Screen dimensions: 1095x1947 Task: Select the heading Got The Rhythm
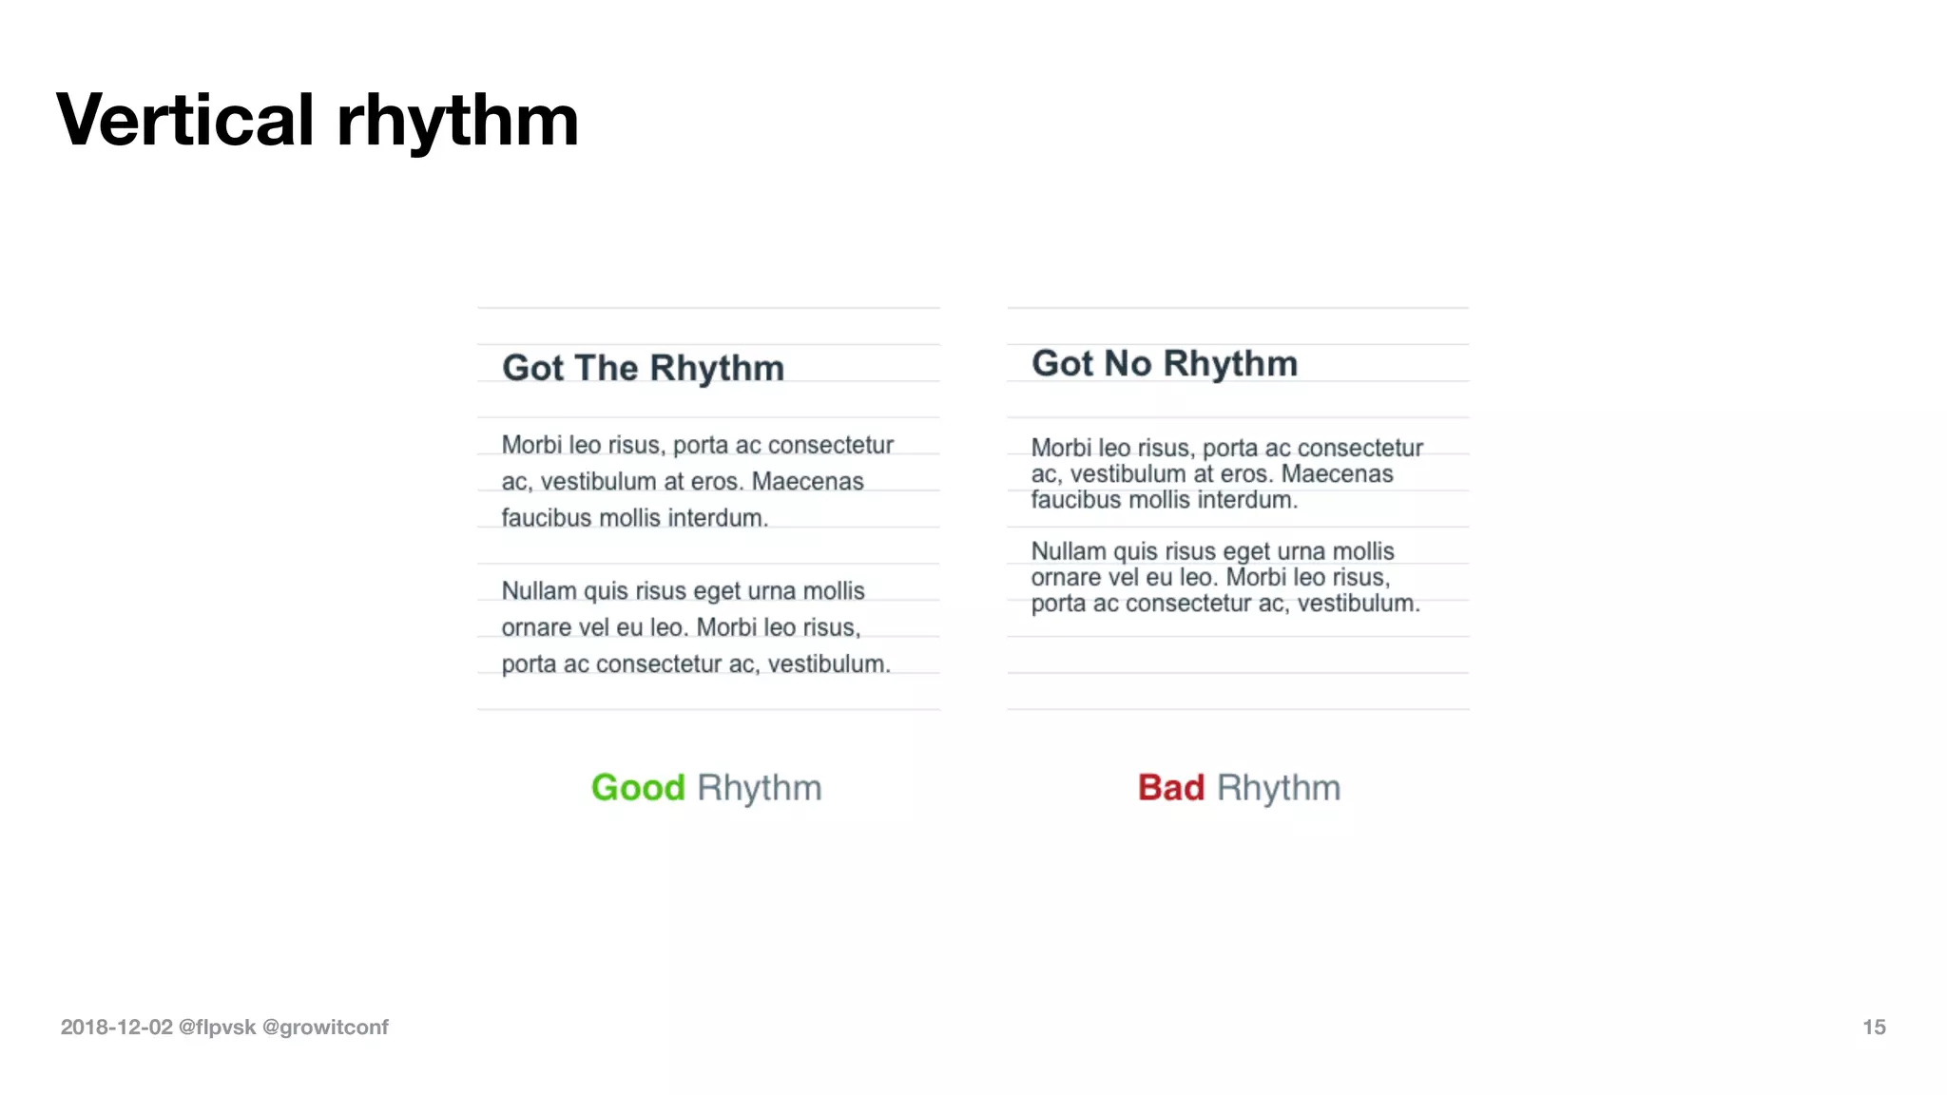point(643,368)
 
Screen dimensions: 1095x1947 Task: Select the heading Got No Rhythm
point(1165,363)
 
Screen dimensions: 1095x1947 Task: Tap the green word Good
point(638,788)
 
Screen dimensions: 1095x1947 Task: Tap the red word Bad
point(1171,788)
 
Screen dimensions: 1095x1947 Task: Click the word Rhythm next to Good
point(759,788)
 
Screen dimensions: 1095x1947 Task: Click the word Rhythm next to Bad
point(1279,788)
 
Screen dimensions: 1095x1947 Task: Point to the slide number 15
point(1874,1027)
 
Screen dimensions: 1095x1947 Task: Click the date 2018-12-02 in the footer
point(116,1027)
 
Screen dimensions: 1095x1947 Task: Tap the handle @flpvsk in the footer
point(217,1027)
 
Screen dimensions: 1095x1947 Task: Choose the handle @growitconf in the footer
point(325,1027)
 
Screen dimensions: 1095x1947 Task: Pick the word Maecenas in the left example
point(807,481)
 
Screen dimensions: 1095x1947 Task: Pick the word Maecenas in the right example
point(1337,473)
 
